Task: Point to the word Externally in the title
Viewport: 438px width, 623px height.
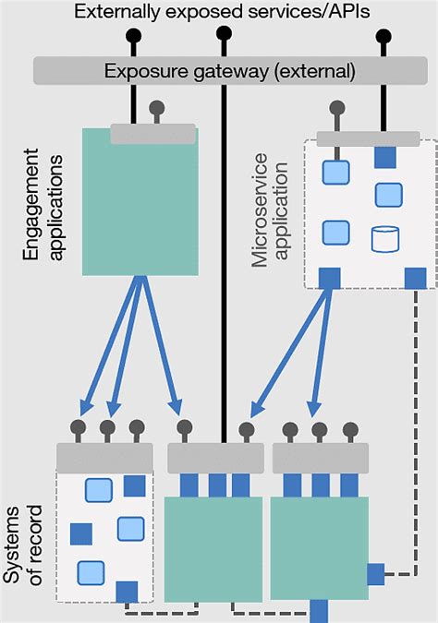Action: [x=116, y=12]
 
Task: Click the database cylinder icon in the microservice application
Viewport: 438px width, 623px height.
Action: [x=384, y=239]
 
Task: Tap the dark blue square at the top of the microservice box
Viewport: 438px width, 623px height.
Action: [x=385, y=158]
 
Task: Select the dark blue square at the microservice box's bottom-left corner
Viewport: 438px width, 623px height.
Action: [x=328, y=277]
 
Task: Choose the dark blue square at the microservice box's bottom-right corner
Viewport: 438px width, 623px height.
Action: [x=416, y=277]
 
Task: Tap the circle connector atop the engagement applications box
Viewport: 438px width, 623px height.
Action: [x=157, y=106]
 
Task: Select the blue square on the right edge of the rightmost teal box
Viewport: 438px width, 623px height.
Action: [x=376, y=574]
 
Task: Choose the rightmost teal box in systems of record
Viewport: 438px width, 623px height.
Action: [x=320, y=546]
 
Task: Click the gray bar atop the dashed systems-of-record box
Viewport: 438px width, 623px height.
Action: [x=104, y=456]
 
